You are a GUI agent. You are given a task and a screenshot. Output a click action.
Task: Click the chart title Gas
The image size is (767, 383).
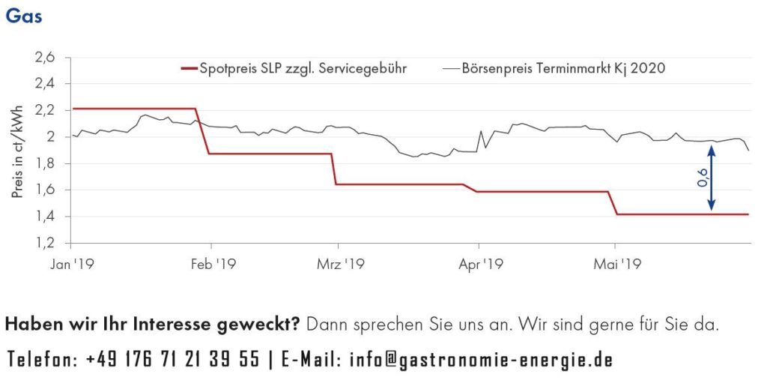[23, 16]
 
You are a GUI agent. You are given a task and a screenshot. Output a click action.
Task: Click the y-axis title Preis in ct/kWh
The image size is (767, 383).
[16, 151]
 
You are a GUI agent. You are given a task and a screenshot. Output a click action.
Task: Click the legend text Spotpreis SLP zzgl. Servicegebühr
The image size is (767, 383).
[303, 68]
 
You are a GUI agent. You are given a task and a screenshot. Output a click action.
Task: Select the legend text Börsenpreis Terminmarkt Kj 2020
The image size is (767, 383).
[564, 68]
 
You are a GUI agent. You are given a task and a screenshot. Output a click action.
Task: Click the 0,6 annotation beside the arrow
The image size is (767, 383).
[700, 178]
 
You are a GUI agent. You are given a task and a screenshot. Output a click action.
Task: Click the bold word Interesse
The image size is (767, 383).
[183, 325]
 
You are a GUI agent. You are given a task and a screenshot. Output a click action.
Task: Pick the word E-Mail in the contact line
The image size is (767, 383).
[308, 360]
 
